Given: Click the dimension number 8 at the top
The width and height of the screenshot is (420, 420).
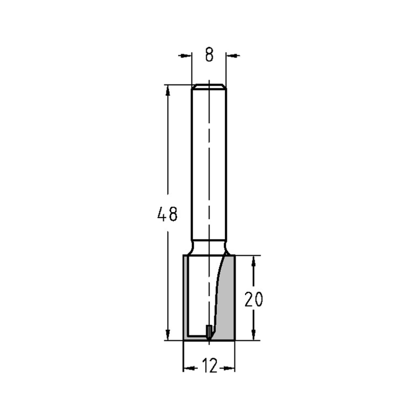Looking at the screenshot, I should pyautogui.click(x=209, y=55).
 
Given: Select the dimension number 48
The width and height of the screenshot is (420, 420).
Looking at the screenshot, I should pyautogui.click(x=168, y=215).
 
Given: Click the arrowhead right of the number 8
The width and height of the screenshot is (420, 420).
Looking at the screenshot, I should pyautogui.click(x=232, y=55).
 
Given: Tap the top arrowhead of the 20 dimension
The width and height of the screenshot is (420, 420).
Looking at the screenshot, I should pyautogui.click(x=253, y=260).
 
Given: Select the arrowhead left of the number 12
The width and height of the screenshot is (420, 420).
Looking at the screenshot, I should pyautogui.click(x=188, y=368).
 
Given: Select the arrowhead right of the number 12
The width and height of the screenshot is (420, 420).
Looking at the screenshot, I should pyautogui.click(x=230, y=368).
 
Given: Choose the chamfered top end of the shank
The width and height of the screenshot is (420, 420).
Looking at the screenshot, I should pyautogui.click(x=209, y=87).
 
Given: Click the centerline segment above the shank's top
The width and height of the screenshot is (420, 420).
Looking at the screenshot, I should pyautogui.click(x=209, y=82).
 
